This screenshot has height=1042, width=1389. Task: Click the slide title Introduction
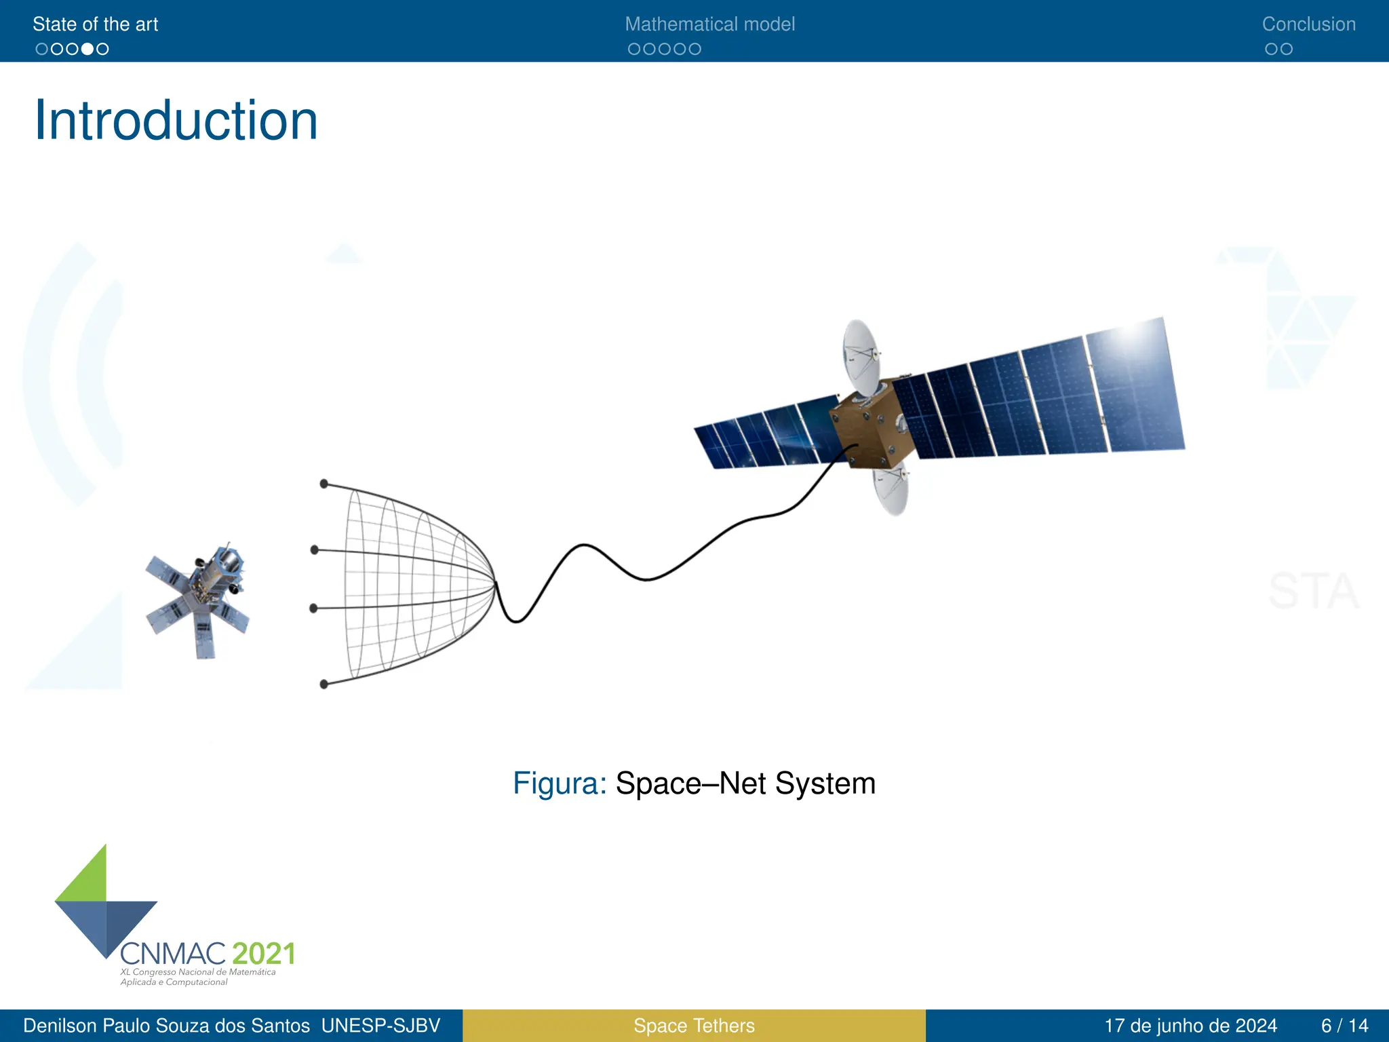(x=176, y=121)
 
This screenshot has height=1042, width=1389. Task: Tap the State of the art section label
(x=95, y=24)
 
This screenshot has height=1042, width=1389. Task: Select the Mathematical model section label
(x=709, y=24)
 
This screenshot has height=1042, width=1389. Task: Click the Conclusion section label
(x=1308, y=24)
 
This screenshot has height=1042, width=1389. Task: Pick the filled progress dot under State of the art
(x=87, y=49)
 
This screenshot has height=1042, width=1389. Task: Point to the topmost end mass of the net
(x=324, y=484)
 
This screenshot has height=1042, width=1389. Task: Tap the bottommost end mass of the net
(x=324, y=684)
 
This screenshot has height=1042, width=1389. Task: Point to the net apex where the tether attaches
(x=495, y=582)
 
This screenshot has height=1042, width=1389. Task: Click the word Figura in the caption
(x=559, y=784)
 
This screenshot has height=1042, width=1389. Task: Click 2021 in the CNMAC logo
(x=264, y=954)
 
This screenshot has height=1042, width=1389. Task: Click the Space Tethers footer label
(x=694, y=1026)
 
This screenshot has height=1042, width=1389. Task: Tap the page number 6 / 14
(x=1344, y=1026)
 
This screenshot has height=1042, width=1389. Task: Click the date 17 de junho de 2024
(x=1190, y=1026)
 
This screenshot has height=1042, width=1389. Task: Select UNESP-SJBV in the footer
(x=380, y=1026)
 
